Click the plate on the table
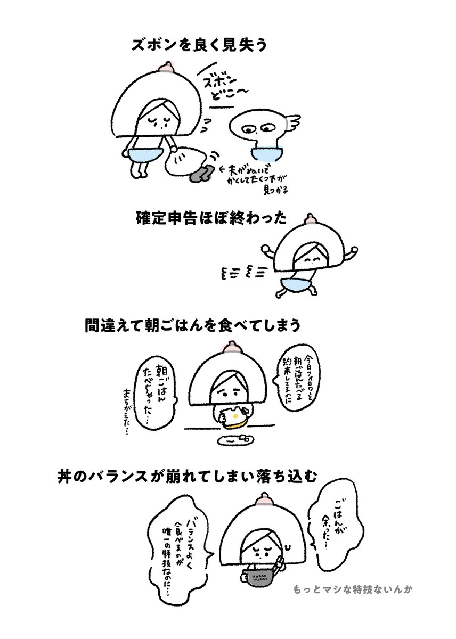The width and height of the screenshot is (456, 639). click(234, 440)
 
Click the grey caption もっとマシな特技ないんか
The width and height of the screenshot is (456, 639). click(353, 591)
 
